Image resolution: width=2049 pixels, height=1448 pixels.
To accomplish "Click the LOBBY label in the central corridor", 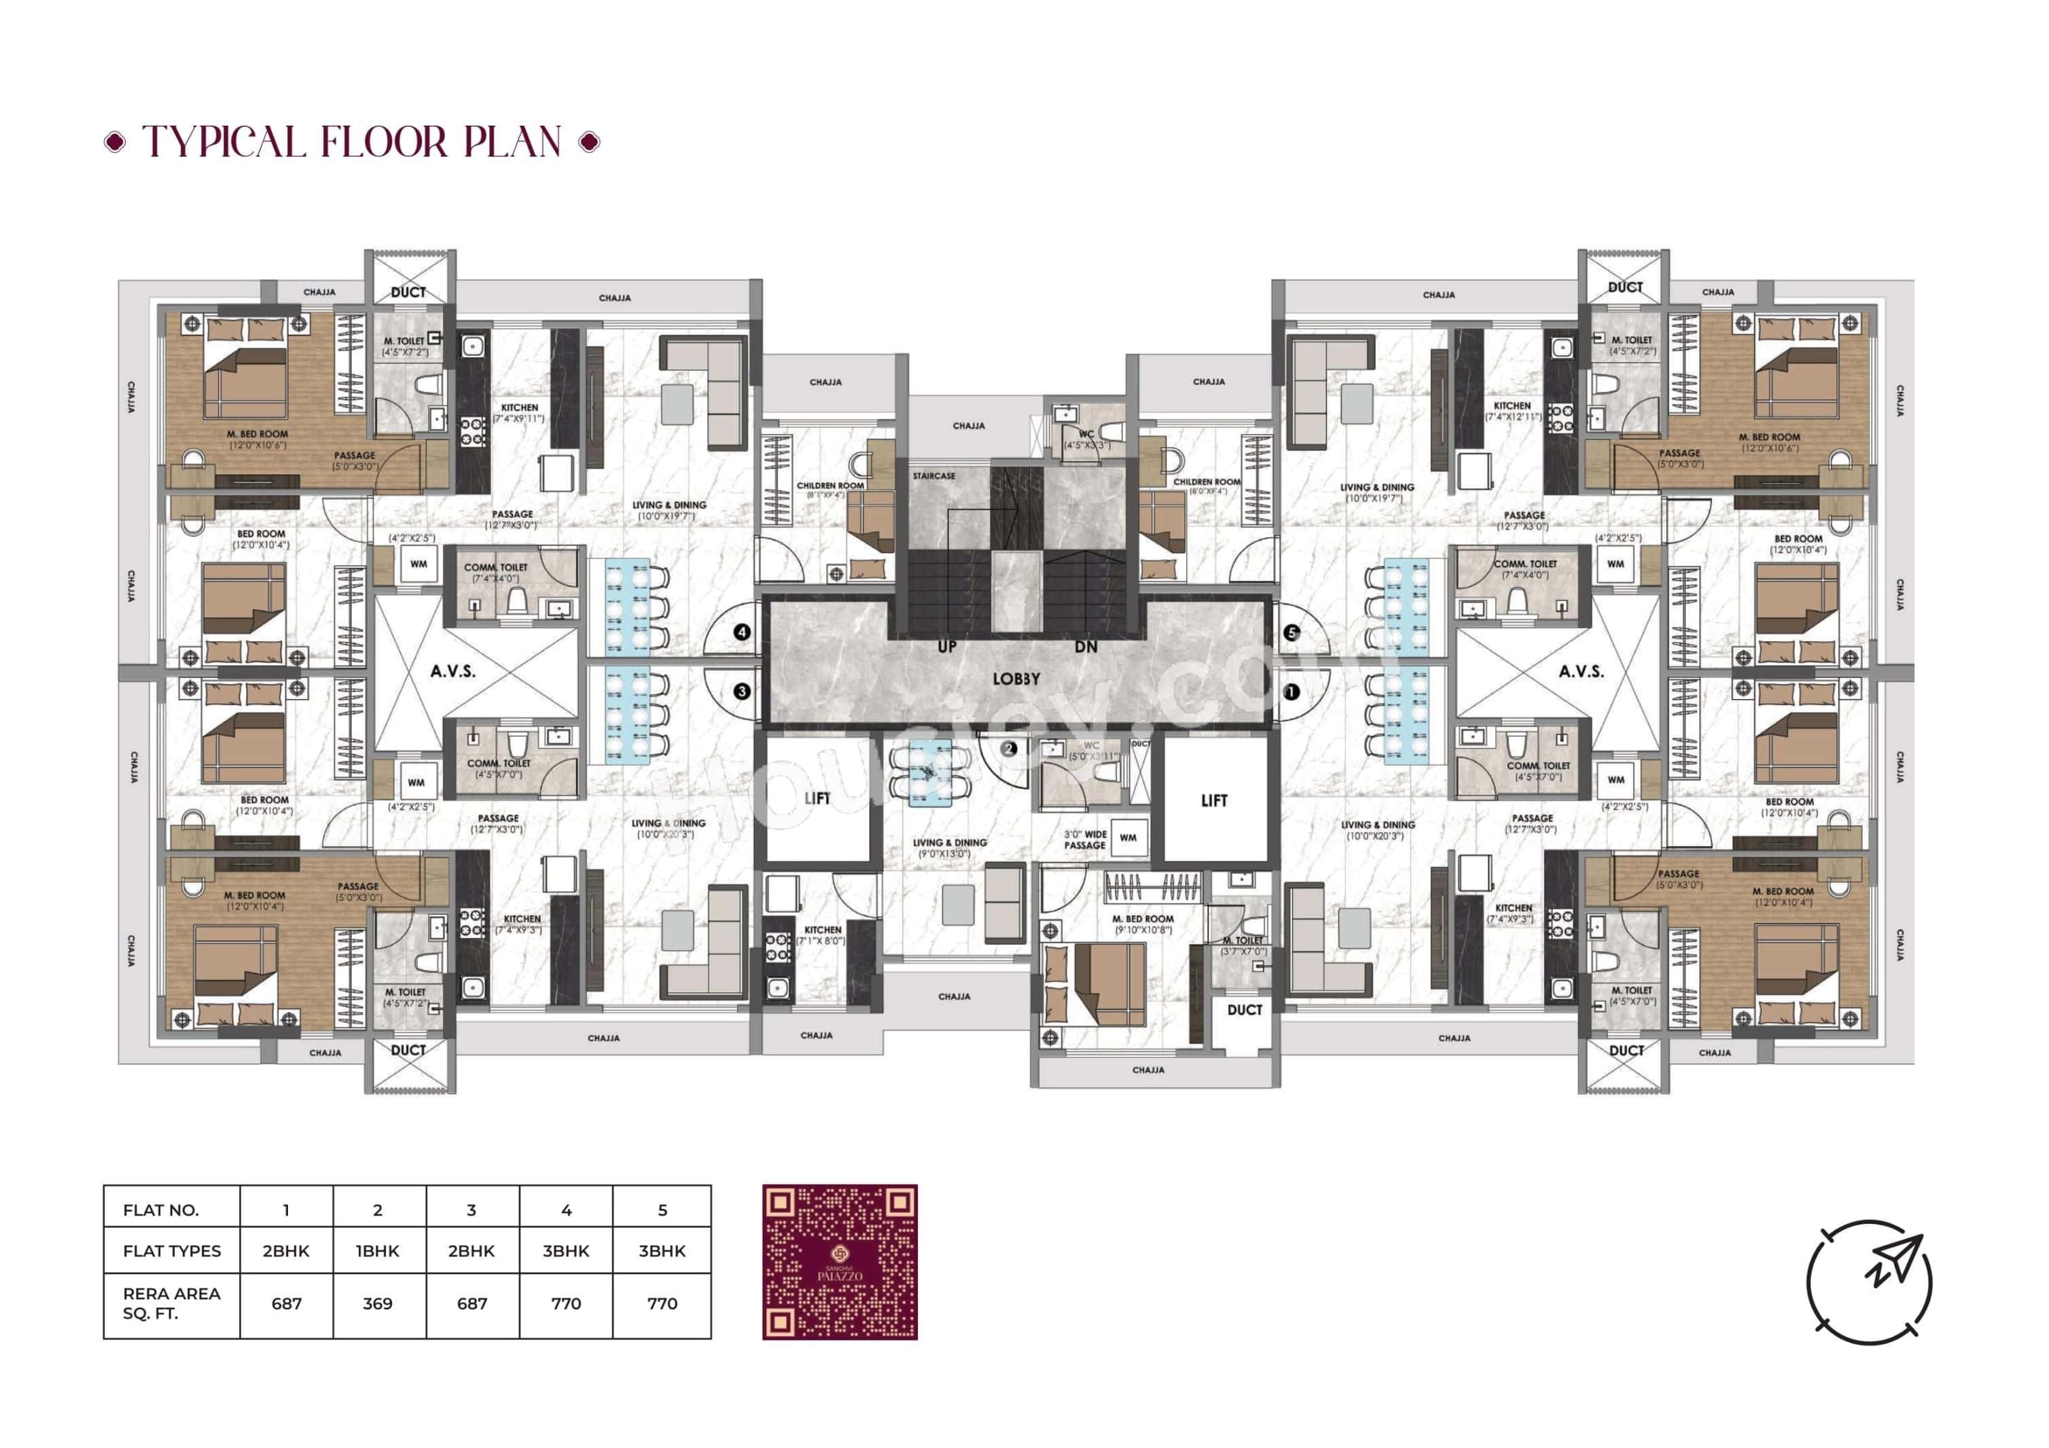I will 1016,679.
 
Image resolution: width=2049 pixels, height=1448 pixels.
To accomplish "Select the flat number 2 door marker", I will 1008,748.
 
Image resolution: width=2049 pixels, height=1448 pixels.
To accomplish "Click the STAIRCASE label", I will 933,476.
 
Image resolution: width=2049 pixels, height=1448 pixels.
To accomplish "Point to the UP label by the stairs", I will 947,646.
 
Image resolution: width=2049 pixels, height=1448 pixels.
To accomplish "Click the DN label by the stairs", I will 1085,646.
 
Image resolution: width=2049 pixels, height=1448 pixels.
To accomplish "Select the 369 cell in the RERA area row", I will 378,1303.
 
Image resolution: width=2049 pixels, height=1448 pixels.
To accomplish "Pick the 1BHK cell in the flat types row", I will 378,1251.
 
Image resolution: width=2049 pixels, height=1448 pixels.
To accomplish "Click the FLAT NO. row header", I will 160,1210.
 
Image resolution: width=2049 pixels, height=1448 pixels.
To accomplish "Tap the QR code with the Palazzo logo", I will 839,1261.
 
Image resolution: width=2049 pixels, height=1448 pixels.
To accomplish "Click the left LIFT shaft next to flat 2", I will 817,797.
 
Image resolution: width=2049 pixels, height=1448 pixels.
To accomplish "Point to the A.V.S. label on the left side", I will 452,671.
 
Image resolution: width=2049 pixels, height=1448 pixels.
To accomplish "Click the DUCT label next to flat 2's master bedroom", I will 1244,1010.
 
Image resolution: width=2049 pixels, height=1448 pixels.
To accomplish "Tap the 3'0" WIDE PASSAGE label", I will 1084,839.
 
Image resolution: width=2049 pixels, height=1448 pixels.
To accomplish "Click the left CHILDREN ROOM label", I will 830,486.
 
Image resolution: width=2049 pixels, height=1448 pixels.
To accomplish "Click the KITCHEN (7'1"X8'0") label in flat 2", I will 822,930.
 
